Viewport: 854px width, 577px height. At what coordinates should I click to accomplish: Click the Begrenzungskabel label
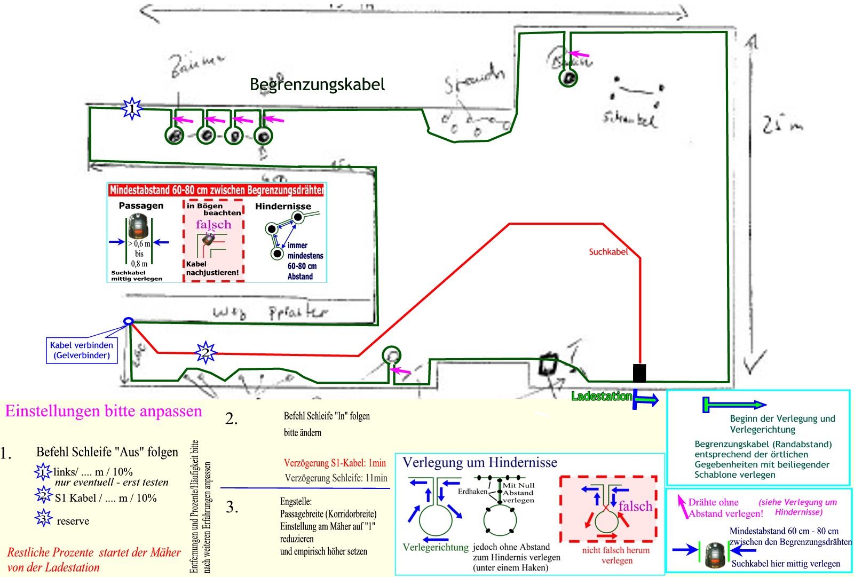[x=317, y=84]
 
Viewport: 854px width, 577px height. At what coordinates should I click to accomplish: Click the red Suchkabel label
[x=608, y=251]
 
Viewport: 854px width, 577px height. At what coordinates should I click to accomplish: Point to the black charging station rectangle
[x=639, y=373]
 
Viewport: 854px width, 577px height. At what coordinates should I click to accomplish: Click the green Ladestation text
[x=602, y=397]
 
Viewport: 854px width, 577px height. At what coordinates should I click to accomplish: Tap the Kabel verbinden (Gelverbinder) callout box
[x=81, y=350]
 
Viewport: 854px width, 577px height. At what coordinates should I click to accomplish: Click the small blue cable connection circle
[x=128, y=321]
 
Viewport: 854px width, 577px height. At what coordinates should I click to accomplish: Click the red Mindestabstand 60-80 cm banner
[x=217, y=190]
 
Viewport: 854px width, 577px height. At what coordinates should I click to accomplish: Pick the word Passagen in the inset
[x=141, y=205]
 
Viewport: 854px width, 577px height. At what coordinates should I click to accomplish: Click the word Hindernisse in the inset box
[x=283, y=207]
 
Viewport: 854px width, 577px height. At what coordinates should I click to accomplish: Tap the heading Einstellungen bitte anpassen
[x=104, y=411]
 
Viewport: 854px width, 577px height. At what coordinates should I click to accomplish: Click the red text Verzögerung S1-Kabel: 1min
[x=335, y=463]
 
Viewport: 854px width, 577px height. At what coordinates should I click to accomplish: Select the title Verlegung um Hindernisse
[x=479, y=462]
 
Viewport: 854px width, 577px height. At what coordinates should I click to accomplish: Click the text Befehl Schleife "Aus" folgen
[x=107, y=452]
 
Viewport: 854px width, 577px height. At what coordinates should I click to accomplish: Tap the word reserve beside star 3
[x=73, y=521]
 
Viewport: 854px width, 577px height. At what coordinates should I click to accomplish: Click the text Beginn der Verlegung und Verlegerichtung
[x=782, y=424]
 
